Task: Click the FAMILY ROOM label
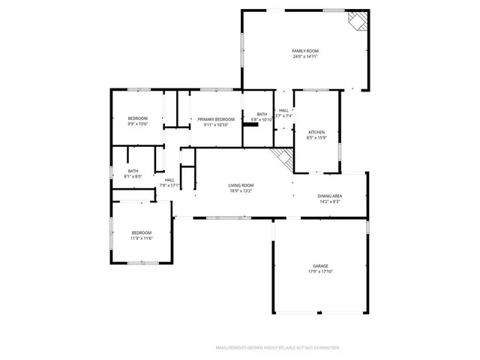(304, 50)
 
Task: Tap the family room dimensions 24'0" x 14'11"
(304, 56)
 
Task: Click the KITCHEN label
(316, 132)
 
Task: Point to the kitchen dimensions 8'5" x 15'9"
(316, 138)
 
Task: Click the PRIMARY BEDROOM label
(216, 119)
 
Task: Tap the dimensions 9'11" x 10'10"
(216, 125)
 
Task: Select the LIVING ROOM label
(241, 185)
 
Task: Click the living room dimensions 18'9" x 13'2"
(241, 191)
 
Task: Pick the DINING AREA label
(330, 195)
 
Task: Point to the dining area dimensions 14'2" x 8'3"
(330, 201)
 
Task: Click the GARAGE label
(320, 266)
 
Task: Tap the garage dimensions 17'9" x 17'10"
(320, 272)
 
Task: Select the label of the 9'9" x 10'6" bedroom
(137, 118)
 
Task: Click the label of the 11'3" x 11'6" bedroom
(142, 232)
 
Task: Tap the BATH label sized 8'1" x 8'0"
(133, 170)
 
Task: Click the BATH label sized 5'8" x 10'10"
(262, 114)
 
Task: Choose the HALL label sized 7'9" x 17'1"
(169, 179)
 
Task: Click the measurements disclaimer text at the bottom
(277, 348)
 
